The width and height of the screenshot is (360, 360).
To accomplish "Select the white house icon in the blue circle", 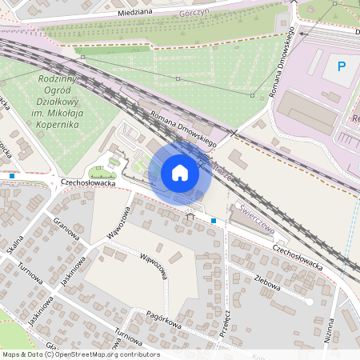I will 180,173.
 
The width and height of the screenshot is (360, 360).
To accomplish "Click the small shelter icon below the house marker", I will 190,215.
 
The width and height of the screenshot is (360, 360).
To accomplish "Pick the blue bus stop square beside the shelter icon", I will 214,220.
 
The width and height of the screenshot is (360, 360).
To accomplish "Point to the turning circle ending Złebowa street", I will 310,302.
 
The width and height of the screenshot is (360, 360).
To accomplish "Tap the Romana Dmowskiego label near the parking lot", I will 285,61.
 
